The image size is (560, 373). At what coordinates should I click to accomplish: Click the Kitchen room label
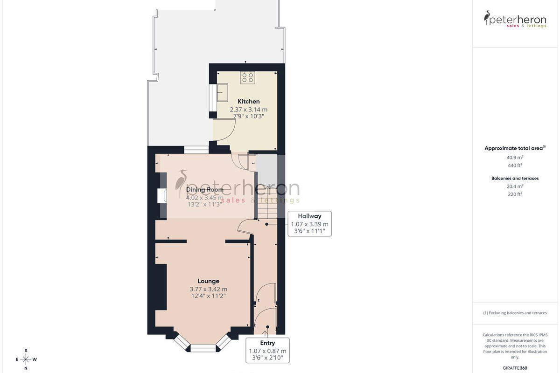pos(248,102)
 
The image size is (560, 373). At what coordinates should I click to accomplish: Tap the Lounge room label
pos(209,281)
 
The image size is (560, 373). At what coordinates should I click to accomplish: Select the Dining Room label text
pos(205,190)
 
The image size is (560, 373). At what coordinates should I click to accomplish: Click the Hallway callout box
pos(309,224)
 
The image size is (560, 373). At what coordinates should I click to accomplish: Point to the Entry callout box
pos(267,350)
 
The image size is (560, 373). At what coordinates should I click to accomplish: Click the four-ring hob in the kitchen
pos(247,77)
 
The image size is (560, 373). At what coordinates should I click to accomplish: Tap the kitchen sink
pos(222,92)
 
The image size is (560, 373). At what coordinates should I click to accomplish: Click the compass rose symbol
pos(26,359)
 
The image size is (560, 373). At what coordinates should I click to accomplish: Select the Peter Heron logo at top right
pos(515,19)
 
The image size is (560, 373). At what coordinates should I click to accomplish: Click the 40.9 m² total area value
pos(515,158)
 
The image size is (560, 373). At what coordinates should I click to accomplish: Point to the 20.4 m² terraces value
pos(515,186)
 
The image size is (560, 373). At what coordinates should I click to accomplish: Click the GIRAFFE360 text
pos(515,368)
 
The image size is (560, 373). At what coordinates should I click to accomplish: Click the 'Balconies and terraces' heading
pos(515,179)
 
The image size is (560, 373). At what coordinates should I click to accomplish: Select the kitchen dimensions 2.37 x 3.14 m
pos(248,110)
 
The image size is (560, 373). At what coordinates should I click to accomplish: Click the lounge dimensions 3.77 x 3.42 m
pos(209,289)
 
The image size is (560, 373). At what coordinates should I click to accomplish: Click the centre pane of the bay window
pos(203,348)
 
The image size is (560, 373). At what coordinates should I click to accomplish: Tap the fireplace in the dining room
pos(162,196)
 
